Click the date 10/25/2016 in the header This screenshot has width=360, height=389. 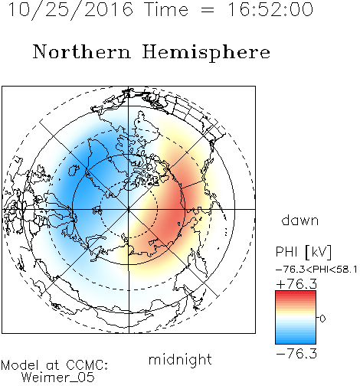pos(70,9)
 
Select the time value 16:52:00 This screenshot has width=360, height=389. pos(270,9)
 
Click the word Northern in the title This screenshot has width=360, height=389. pos(82,52)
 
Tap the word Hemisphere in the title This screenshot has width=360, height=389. pos(206,53)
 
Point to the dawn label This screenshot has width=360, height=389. pos(300,221)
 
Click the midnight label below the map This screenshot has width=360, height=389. pos(180,359)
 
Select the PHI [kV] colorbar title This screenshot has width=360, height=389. pos(303,252)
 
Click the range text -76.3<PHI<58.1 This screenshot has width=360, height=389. pos(316,270)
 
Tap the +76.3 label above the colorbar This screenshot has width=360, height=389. pos(296,284)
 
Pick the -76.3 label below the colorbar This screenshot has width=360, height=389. pos(296,354)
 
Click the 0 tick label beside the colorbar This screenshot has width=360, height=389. pos(322,319)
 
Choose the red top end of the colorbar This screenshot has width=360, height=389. pos(296,293)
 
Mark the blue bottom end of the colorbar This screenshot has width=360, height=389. pos(296,342)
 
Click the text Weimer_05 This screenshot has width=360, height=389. pos(58,378)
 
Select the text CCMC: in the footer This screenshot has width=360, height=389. pos(87,365)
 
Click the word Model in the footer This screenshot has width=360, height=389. pos(20,365)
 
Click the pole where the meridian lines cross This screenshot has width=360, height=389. pos(129,209)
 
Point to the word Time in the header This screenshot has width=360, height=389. pos(166,9)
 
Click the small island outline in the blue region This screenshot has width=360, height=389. pos(74,170)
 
